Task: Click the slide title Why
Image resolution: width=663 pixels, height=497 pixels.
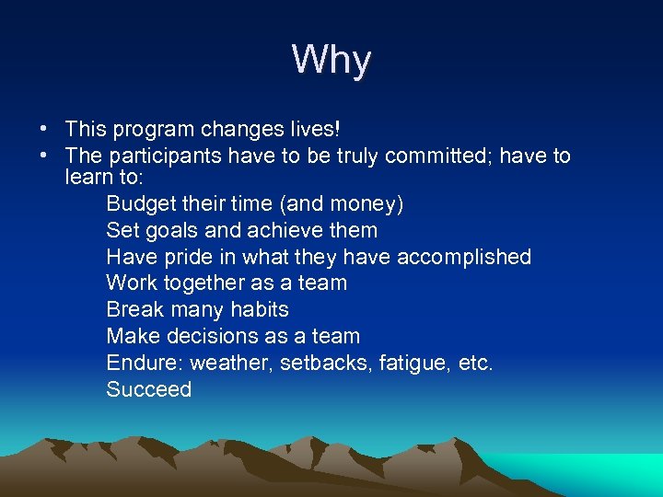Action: point(331,61)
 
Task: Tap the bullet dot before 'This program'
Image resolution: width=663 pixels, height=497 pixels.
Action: point(44,130)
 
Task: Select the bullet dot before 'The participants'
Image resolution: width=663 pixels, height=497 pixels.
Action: point(44,156)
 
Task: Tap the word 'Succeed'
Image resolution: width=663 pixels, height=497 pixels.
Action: point(149,389)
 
